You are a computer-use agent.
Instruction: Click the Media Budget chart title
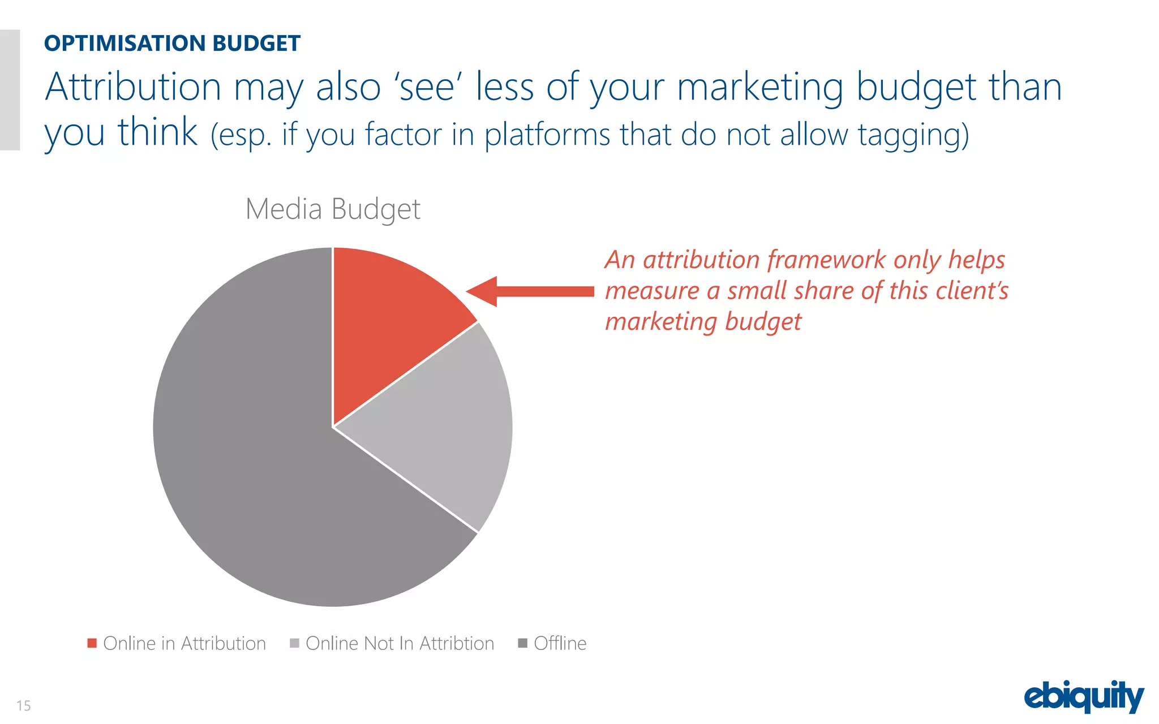333,209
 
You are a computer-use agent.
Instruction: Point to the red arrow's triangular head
484,292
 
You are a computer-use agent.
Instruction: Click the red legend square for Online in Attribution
92,643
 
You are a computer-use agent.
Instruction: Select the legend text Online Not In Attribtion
400,644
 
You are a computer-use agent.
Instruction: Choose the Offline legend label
560,644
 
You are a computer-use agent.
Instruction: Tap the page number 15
23,705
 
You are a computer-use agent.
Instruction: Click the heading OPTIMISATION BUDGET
172,44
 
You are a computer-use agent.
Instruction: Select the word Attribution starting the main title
134,87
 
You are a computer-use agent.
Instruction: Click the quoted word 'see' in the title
428,87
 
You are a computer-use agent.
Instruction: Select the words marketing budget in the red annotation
703,321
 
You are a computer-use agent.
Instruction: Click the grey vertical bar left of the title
10,89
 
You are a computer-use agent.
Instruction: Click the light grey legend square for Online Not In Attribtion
294,643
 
